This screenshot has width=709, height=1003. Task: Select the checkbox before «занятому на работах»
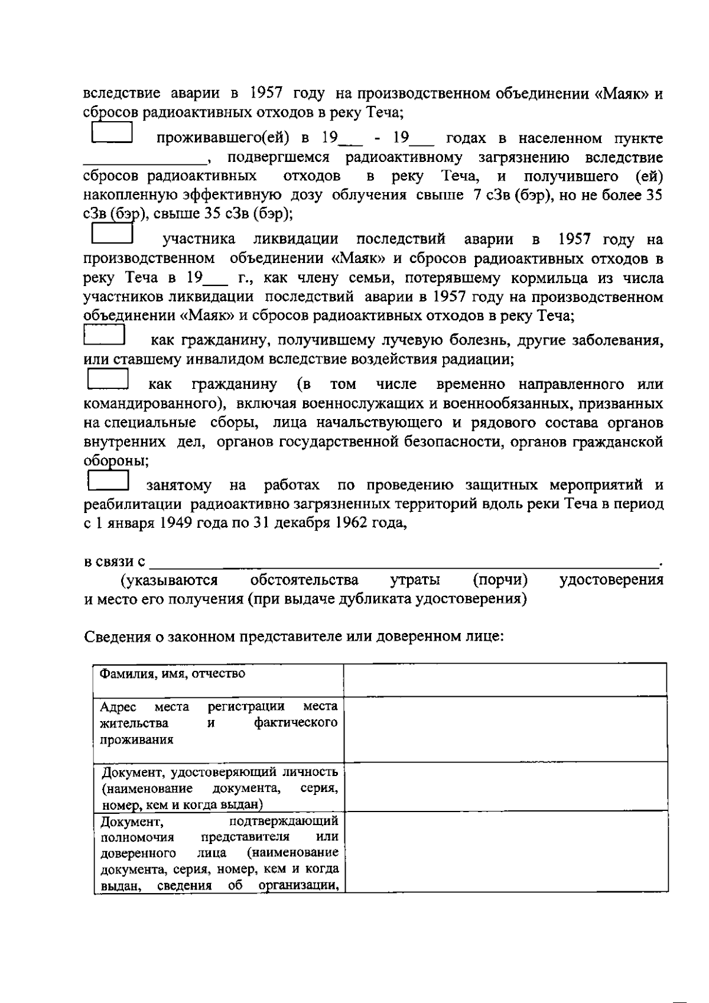[108, 479]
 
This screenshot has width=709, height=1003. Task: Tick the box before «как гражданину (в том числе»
[108, 379]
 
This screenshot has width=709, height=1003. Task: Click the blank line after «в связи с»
[404, 561]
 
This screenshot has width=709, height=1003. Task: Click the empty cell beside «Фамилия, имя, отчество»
[505, 680]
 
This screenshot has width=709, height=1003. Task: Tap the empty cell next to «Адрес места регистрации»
[505, 729]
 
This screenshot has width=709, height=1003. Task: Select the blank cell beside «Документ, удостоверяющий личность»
[505, 787]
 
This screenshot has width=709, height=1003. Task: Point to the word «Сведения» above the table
[119, 637]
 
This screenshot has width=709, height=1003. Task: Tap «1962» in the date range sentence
[352, 523]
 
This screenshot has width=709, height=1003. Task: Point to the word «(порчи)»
[500, 580]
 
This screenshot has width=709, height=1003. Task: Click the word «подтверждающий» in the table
[283, 820]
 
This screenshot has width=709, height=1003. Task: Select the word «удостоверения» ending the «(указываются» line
[611, 580]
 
